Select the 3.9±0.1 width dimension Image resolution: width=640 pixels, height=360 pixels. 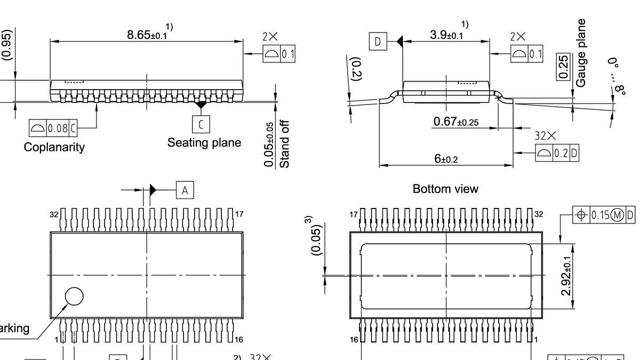pos(446,35)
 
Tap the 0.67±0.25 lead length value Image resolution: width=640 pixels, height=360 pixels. pos(456,122)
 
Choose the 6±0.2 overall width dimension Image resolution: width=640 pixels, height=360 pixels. pos(446,159)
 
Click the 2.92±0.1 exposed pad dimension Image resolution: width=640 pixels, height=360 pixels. pos(567,276)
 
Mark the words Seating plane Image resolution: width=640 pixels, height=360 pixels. pos(204,143)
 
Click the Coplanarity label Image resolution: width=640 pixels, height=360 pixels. pos(54,147)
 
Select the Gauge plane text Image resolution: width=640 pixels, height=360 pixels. pos(581,53)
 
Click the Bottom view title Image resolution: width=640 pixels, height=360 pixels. pos(445,189)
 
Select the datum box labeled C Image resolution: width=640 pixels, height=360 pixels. pos(201,124)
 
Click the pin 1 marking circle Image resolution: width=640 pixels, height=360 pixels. pos(74,296)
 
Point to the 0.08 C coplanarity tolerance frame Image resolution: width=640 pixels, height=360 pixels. pos(53,128)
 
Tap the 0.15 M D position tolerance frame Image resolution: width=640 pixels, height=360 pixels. pos(604,215)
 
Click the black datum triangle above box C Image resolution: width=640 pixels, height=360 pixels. pos(201,105)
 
